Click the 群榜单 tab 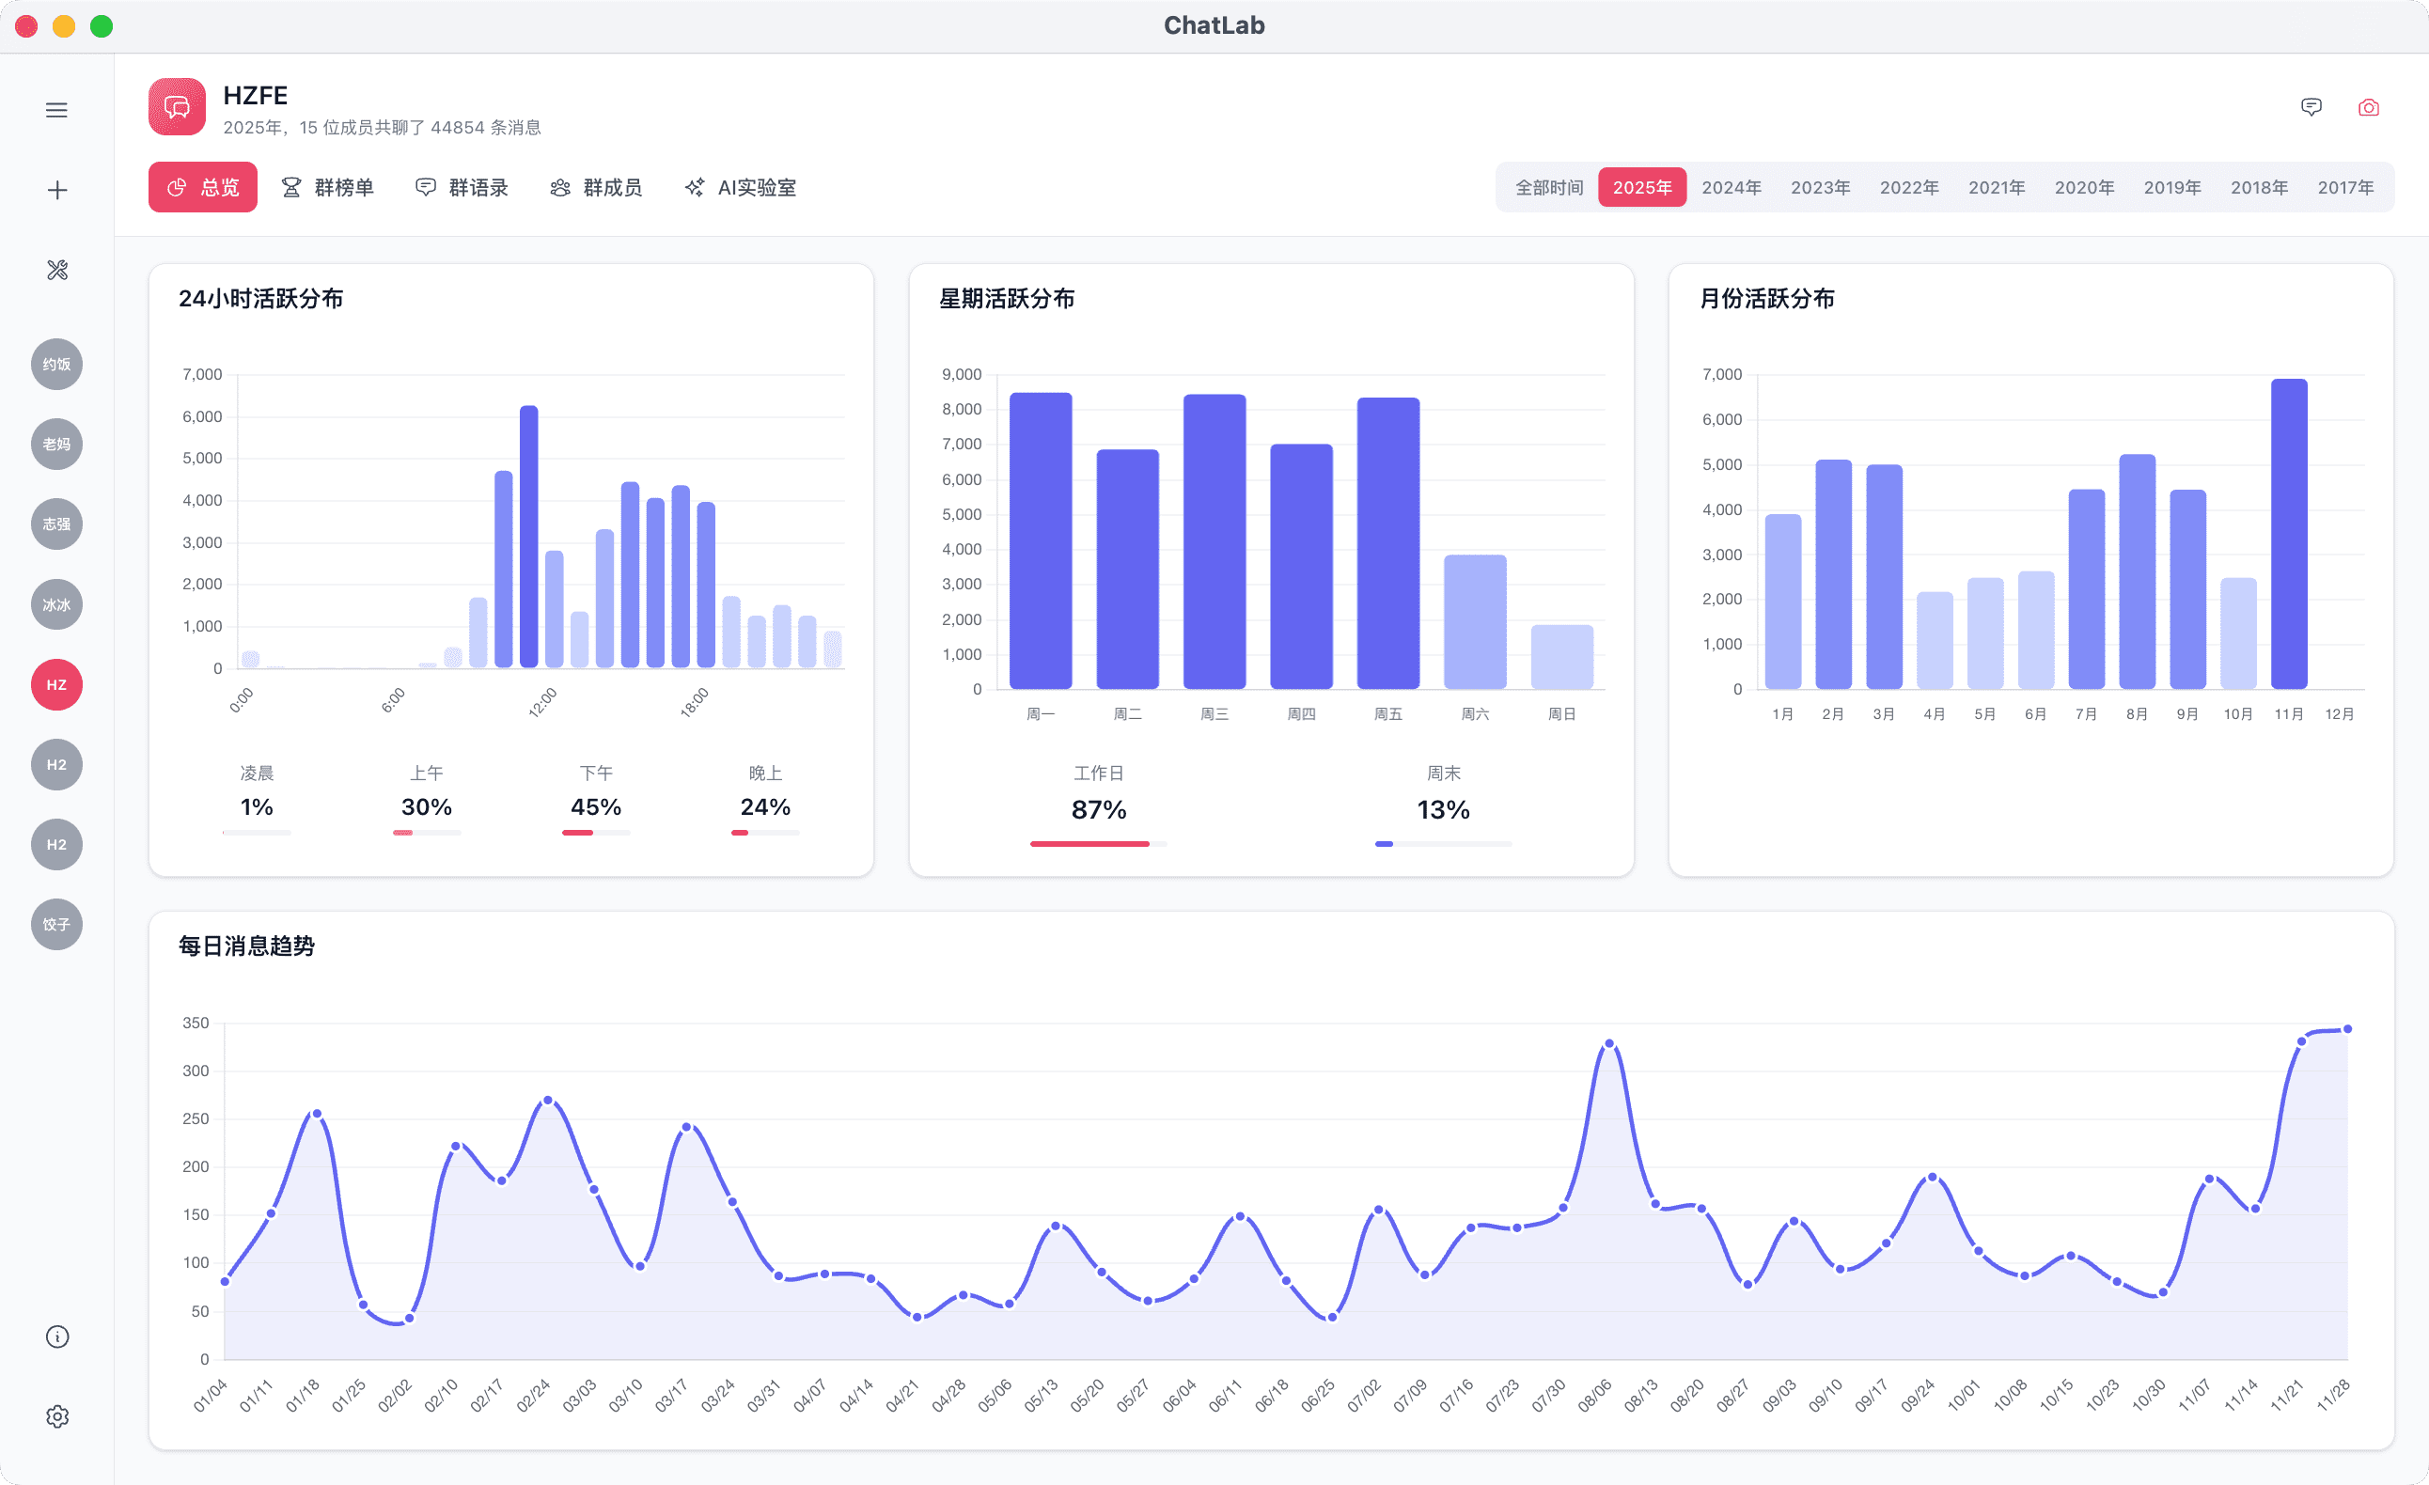pyautogui.click(x=328, y=187)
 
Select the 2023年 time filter pyautogui.click(x=1820, y=187)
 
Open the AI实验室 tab pyautogui.click(x=741, y=187)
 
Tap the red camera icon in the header pyautogui.click(x=2368, y=107)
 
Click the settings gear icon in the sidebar pyautogui.click(x=57, y=1416)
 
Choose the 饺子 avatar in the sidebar pyautogui.click(x=57, y=924)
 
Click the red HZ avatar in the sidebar pyautogui.click(x=57, y=685)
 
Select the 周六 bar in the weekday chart pyautogui.click(x=1475, y=622)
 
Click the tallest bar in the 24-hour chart pyautogui.click(x=529, y=537)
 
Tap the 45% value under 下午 pyautogui.click(x=595, y=807)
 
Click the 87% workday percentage pyautogui.click(x=1098, y=810)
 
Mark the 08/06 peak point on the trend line pyautogui.click(x=1608, y=1043)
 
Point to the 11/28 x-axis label pyautogui.click(x=2333, y=1395)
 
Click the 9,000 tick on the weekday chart pyautogui.click(x=961, y=374)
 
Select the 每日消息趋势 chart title pyautogui.click(x=246, y=946)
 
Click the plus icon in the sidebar pyautogui.click(x=57, y=190)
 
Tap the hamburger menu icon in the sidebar pyautogui.click(x=57, y=110)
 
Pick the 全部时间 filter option pyautogui.click(x=1549, y=187)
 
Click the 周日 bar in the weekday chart pyautogui.click(x=1561, y=657)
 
